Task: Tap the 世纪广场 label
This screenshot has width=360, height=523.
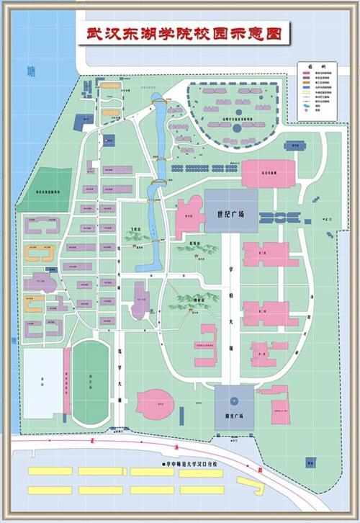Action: coord(230,215)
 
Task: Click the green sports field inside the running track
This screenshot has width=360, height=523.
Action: coord(90,381)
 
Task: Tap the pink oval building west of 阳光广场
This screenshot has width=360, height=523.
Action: coord(155,403)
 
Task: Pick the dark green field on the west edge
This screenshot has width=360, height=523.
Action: coord(45,190)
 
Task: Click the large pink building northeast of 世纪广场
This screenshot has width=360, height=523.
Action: coord(268,174)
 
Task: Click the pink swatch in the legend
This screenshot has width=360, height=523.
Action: coord(304,73)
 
